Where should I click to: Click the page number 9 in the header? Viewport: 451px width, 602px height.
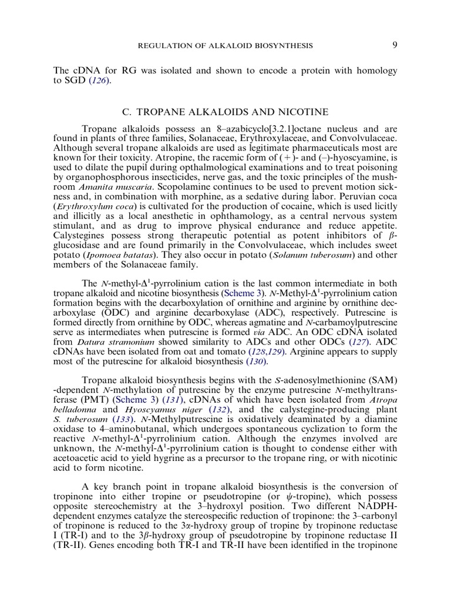click(393, 45)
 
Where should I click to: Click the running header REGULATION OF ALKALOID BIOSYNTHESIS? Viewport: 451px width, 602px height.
click(225, 45)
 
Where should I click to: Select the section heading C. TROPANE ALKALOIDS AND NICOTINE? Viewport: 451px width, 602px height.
click(225, 112)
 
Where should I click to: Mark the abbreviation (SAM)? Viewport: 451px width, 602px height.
click(382, 383)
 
